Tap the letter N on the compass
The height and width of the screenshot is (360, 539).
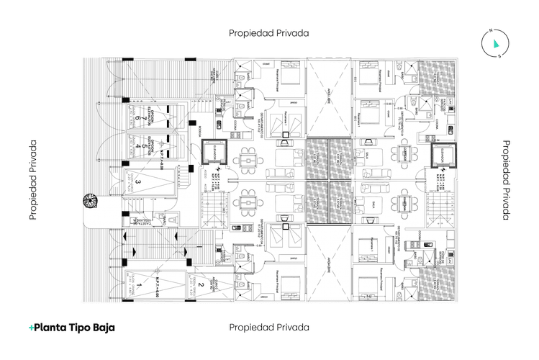[491, 31]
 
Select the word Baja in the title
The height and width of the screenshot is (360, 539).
[101, 327]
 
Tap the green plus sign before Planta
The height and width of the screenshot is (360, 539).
[31, 328]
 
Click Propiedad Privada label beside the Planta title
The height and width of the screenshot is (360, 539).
[269, 327]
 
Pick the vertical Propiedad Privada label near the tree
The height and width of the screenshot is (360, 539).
[33, 179]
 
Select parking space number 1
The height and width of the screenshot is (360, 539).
[139, 286]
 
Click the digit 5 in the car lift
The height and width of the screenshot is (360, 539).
[137, 146]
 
